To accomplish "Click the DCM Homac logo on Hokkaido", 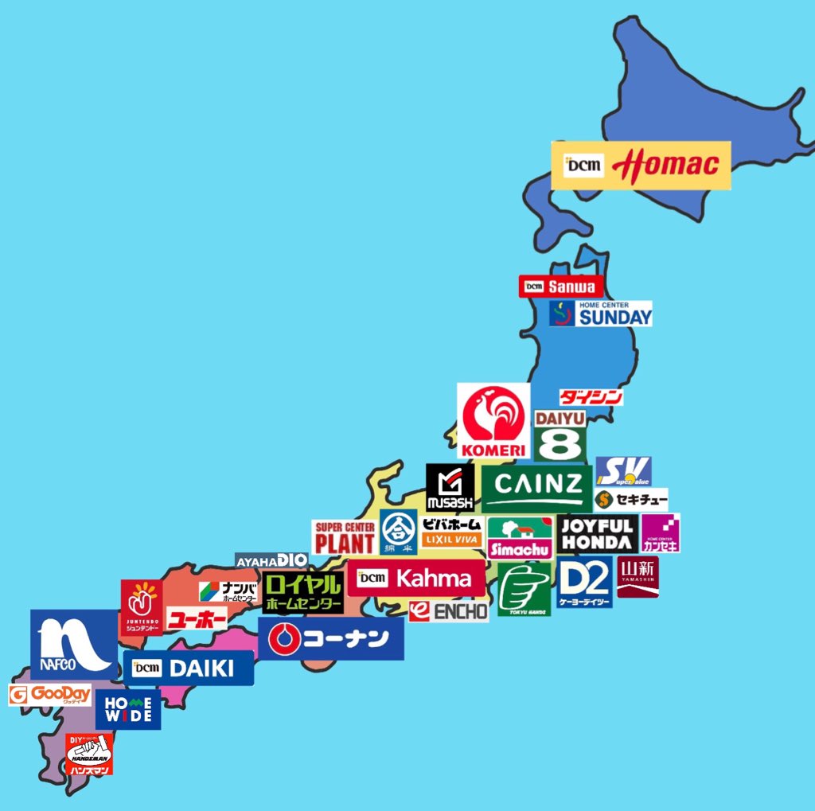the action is click(x=641, y=166).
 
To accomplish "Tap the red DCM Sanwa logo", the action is click(x=560, y=287).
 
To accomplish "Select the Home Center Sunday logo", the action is click(x=601, y=314).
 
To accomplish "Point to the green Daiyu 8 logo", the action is click(x=560, y=435).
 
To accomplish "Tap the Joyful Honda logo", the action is click(x=598, y=533).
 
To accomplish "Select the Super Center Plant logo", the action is click(x=344, y=538).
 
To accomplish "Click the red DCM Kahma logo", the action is click(x=415, y=579).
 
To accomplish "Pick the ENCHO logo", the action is click(x=448, y=611).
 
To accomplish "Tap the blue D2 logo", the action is click(x=584, y=583).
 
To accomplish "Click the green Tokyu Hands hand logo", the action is click(x=524, y=589).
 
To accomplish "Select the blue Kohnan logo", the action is click(x=330, y=639).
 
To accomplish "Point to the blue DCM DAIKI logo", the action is click(x=189, y=668).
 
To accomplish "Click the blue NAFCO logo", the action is click(x=73, y=645).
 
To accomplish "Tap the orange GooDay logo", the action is click(x=50, y=695).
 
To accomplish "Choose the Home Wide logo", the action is click(x=128, y=709).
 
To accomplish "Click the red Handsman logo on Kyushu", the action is click(x=89, y=754).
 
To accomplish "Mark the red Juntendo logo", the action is click(x=142, y=607).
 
